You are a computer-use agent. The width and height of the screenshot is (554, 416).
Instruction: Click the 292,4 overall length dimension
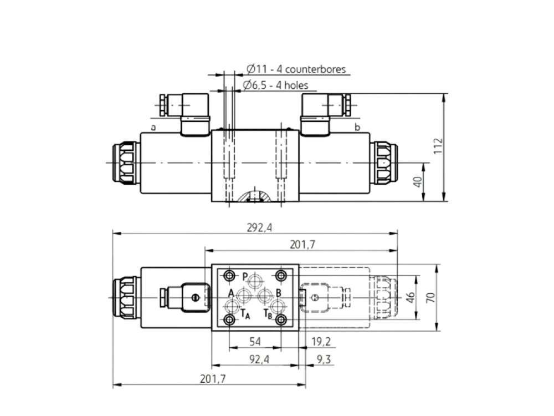coord(259,228)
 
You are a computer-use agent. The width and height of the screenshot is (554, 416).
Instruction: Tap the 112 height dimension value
coord(438,146)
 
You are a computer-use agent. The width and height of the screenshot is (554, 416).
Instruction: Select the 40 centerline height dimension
coord(418,182)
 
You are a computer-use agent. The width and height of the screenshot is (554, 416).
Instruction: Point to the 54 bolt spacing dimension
coord(255,341)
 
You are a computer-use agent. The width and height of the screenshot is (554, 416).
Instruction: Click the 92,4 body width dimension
coord(259,359)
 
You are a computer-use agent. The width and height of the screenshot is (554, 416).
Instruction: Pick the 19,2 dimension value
coord(321,341)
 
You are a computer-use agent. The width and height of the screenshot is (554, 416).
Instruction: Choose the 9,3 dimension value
coord(324,359)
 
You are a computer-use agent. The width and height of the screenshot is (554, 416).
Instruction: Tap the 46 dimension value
coord(410,297)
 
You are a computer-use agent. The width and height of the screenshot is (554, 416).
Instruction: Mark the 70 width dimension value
coord(430,297)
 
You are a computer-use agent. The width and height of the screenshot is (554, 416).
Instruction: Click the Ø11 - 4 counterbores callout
coord(296,69)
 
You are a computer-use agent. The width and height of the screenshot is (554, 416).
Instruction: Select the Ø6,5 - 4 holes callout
coord(275,85)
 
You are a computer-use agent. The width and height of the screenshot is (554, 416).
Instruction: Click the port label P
coord(245,276)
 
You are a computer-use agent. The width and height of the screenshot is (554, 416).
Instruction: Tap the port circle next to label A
coord(244,296)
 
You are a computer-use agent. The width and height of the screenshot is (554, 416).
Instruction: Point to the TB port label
coord(268,314)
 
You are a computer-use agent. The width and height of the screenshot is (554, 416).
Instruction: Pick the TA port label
coord(245,314)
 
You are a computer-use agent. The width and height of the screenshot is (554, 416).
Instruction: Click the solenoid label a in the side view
coord(153,128)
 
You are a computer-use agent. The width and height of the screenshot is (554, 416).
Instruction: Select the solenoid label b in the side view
coord(357,127)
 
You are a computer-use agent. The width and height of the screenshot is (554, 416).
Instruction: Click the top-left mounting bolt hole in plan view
coord(230,276)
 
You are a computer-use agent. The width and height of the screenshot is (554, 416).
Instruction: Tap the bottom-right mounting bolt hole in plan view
coord(281,320)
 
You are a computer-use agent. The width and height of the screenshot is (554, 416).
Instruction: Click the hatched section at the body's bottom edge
coord(255,197)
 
